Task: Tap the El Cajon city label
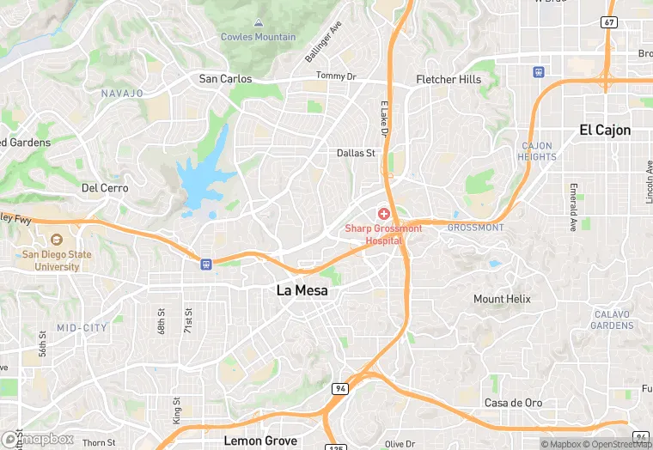(605, 131)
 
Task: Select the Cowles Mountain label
(258, 37)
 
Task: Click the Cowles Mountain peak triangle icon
(259, 22)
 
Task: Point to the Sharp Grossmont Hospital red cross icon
(383, 212)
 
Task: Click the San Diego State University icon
(57, 240)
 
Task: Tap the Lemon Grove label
(260, 441)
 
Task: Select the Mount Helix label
(502, 299)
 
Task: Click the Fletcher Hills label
(449, 79)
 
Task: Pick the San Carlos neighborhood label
(226, 79)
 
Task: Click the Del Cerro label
(105, 188)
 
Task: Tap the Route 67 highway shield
(609, 22)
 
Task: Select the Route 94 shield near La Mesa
(341, 389)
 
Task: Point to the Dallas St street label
(356, 154)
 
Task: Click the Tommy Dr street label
(335, 76)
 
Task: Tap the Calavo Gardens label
(613, 320)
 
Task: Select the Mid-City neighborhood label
(82, 328)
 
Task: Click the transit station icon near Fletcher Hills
(539, 72)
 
